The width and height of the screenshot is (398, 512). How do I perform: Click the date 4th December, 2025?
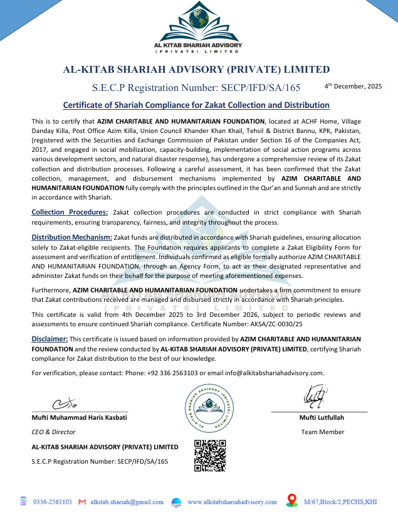pos(353,86)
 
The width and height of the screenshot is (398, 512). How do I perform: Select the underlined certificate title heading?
pos(196,105)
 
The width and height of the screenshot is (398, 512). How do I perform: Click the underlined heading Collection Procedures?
pos(70,212)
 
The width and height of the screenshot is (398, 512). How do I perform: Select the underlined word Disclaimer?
pos(50,339)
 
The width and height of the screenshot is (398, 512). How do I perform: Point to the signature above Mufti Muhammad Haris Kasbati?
pos(65,402)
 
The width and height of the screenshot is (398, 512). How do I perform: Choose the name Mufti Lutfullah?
pos(322,418)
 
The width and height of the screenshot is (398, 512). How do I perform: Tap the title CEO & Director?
pos(53,432)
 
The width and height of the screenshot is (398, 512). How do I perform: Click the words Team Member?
pos(322,432)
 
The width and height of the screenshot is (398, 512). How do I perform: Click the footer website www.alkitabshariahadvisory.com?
pos(232,502)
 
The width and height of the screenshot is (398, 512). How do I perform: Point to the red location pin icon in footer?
pos(291,500)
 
